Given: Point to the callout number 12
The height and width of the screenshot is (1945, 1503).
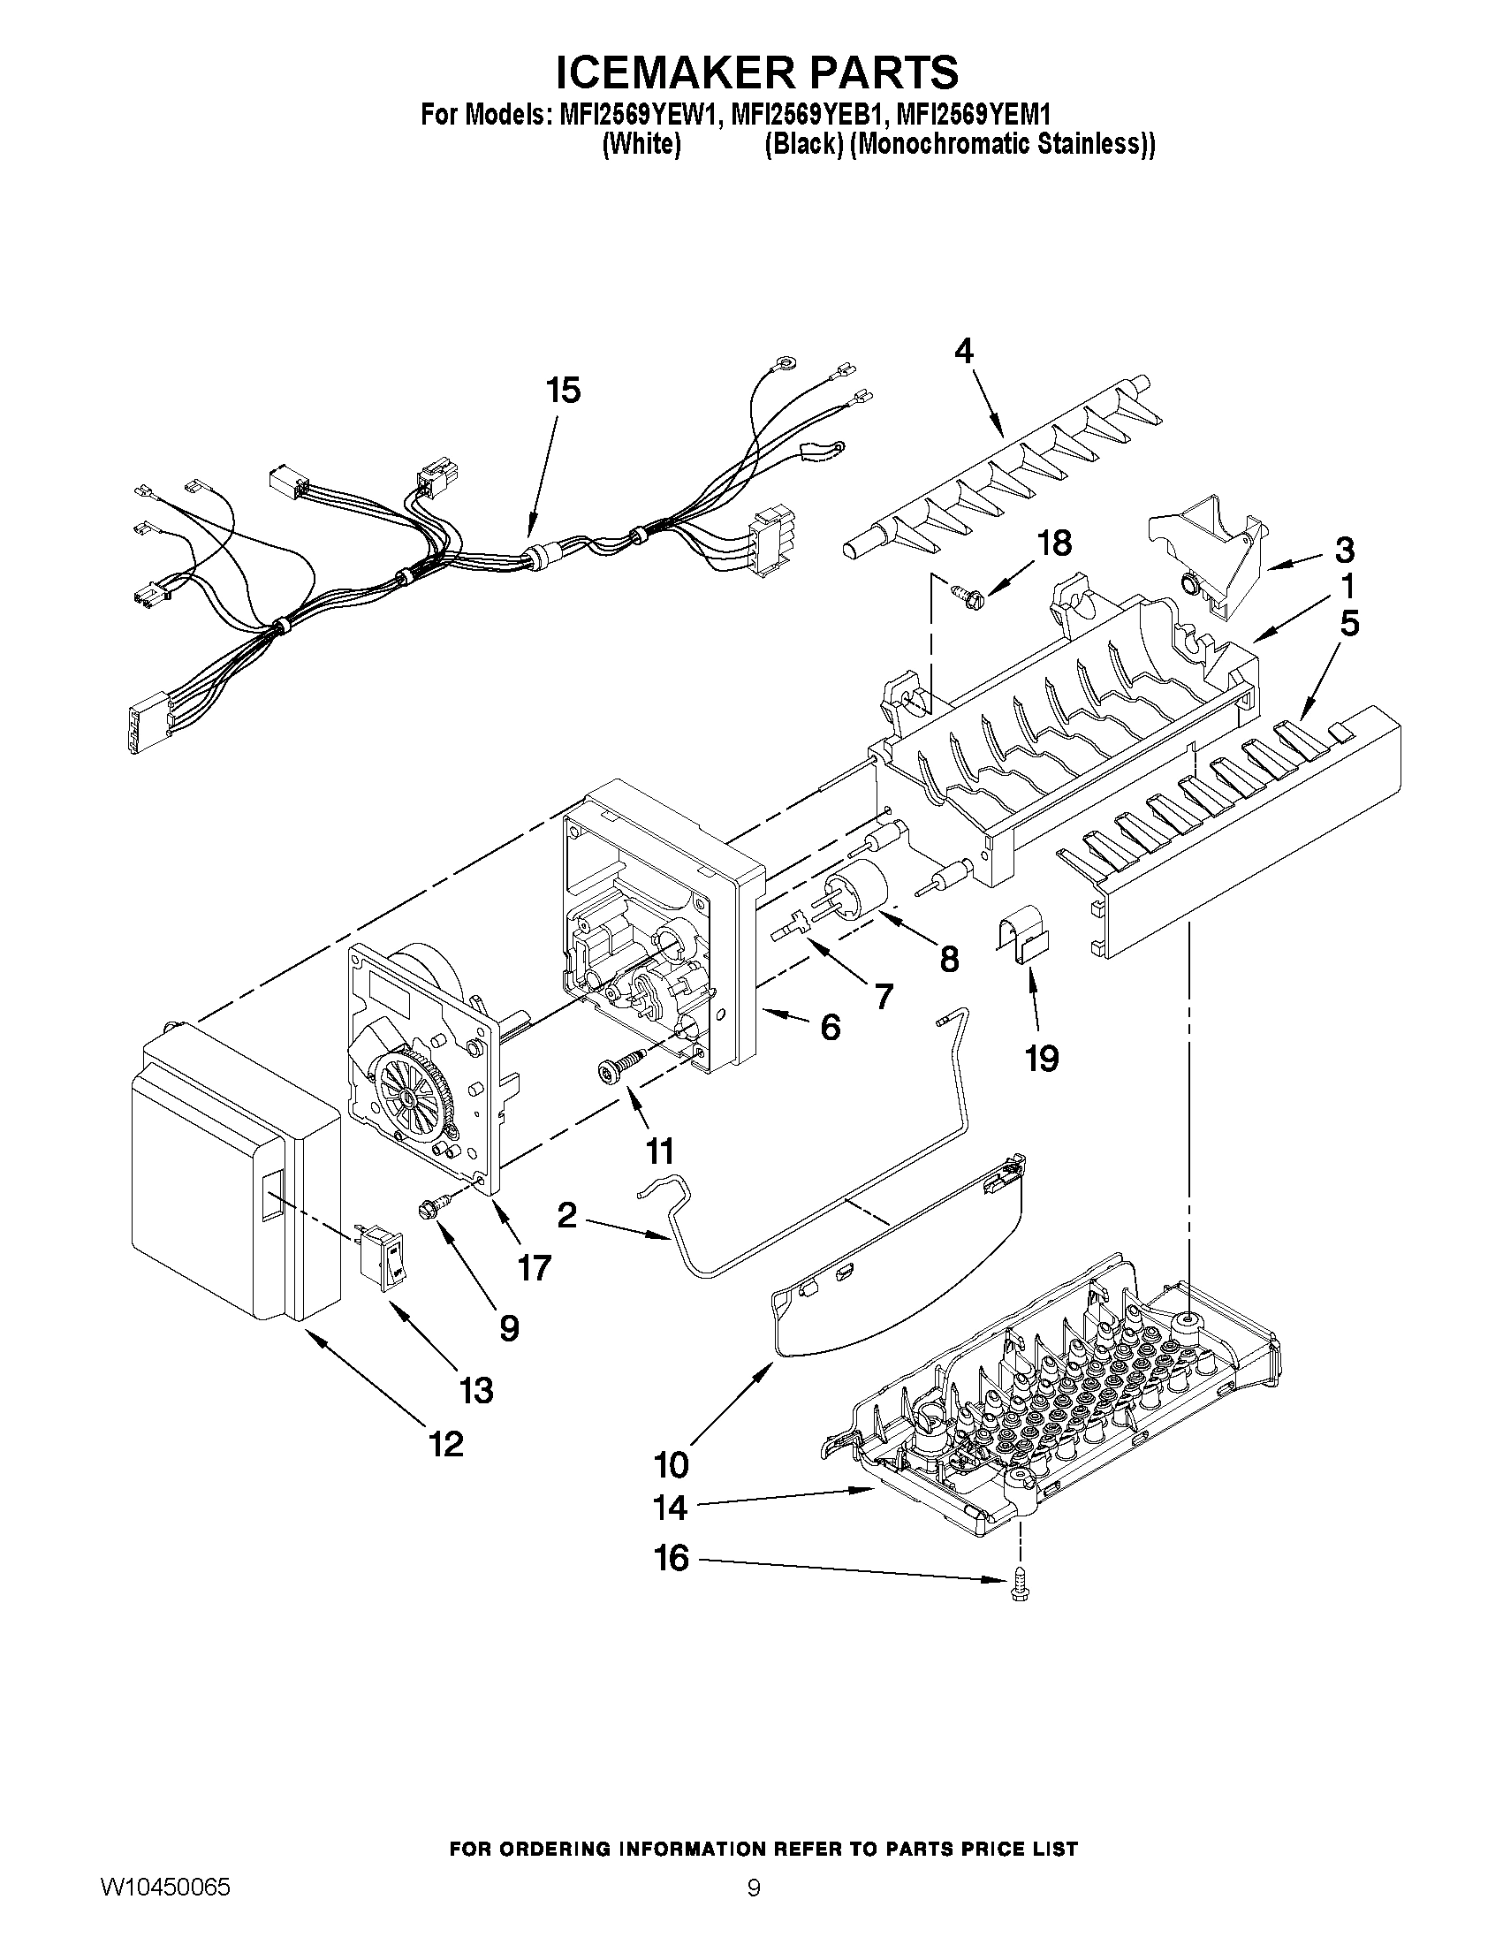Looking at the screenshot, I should point(446,1444).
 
